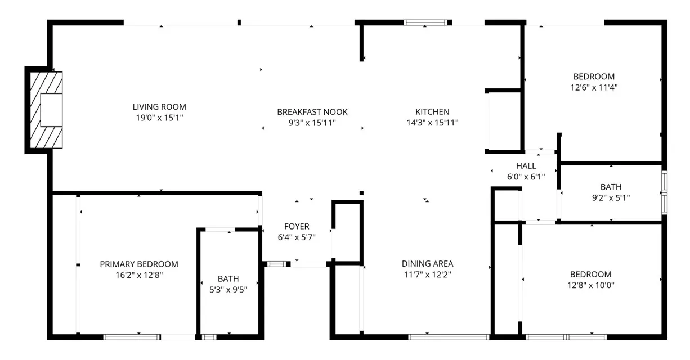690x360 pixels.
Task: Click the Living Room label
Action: [x=159, y=107]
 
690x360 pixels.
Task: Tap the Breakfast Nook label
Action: [x=312, y=112]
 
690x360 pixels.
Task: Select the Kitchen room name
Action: [x=432, y=112]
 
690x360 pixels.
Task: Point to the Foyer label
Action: [x=297, y=227]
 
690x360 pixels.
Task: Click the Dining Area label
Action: [x=427, y=264]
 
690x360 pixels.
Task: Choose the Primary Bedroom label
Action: [x=139, y=264]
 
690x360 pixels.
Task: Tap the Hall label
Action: [x=526, y=166]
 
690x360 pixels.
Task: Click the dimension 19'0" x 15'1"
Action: [x=159, y=118]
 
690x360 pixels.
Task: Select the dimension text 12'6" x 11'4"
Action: [x=594, y=87]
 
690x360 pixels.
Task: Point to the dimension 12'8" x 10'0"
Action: [x=590, y=285]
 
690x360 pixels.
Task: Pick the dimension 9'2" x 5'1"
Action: [x=611, y=198]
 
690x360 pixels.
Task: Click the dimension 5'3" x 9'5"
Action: [x=228, y=290]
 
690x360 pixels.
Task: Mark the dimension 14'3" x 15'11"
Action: [x=432, y=123]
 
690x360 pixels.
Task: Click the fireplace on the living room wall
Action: [x=45, y=110]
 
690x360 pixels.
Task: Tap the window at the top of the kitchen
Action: [x=428, y=22]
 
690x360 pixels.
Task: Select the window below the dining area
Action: [x=449, y=337]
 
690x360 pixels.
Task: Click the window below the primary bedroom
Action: [x=131, y=337]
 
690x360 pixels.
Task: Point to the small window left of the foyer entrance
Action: [x=276, y=263]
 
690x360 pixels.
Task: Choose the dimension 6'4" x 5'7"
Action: [x=297, y=237]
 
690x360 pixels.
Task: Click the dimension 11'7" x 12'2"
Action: [x=427, y=274]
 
